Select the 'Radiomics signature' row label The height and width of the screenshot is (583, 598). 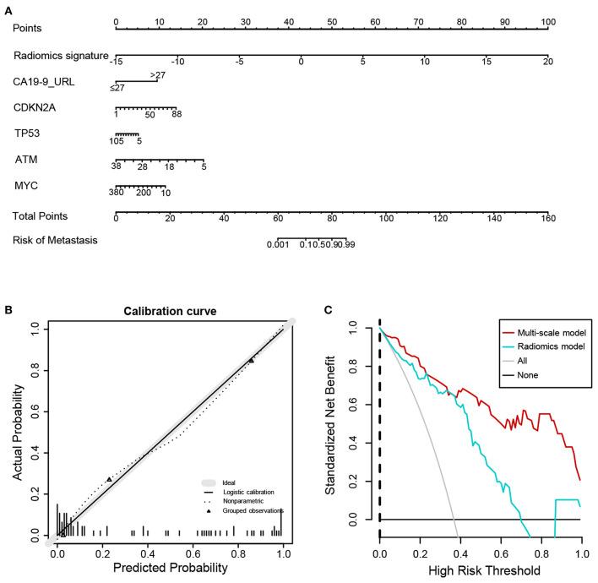point(60,56)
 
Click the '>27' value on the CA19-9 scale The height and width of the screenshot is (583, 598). point(157,75)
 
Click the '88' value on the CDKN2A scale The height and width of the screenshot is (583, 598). point(177,115)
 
